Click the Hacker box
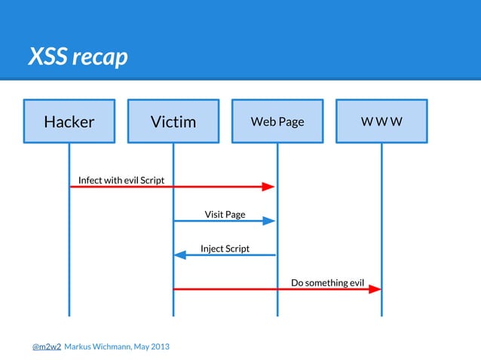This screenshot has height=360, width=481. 69,121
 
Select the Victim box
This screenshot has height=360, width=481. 173,121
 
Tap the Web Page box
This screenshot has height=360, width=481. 277,121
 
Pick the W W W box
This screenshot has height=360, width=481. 381,121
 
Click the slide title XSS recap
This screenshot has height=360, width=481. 78,56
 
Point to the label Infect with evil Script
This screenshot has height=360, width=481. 121,180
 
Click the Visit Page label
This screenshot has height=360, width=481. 225,215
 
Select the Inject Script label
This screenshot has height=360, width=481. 225,249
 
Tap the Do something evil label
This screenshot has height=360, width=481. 327,283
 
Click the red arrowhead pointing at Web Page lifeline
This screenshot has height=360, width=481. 268,187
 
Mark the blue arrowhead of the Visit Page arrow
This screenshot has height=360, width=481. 268,221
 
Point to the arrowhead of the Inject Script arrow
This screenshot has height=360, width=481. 180,255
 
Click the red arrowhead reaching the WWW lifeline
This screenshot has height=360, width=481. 375,289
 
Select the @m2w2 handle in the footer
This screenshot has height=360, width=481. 46,346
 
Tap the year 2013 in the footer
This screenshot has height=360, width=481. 159,346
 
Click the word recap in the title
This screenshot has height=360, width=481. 100,56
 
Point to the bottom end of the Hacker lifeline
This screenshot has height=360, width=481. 69,315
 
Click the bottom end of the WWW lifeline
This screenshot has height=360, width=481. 381,315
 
